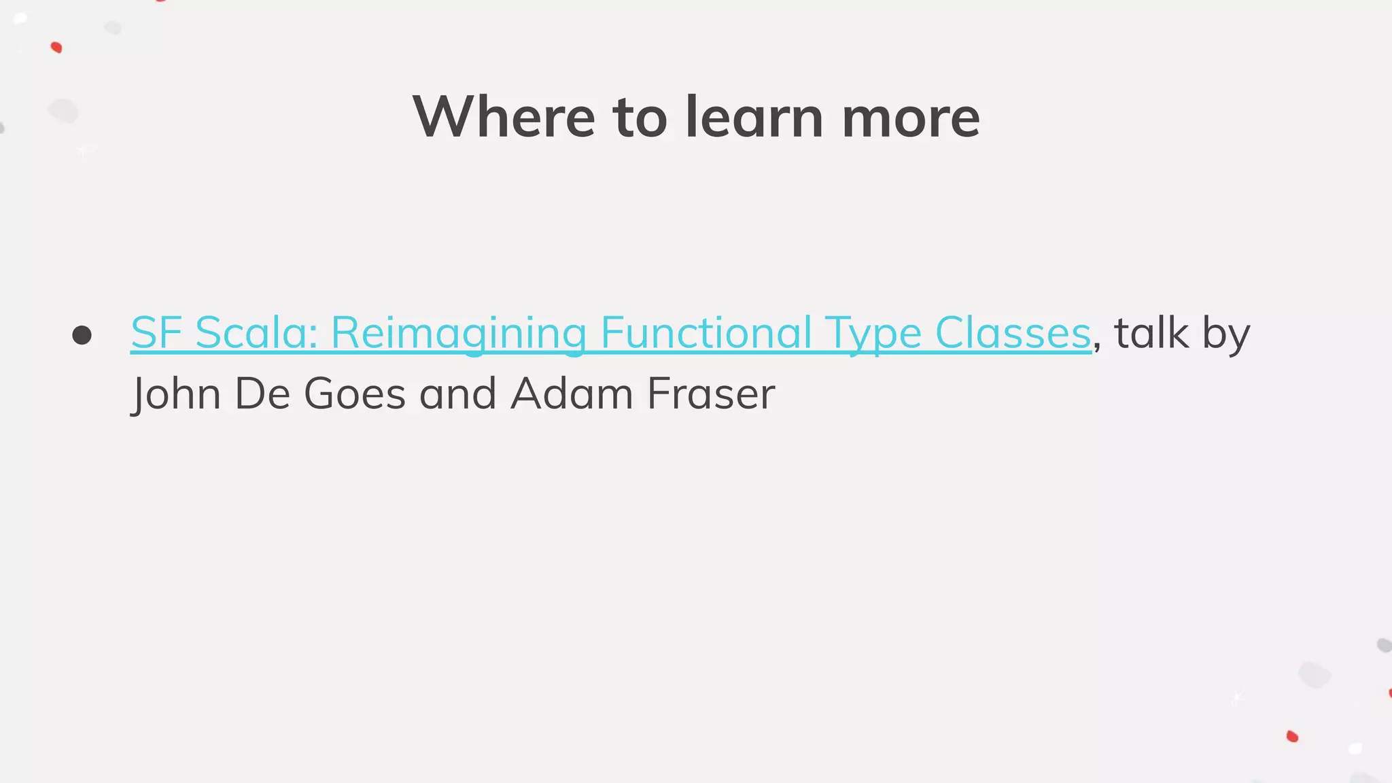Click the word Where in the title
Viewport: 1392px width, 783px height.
(x=504, y=117)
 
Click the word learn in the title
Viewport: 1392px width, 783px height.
(x=754, y=117)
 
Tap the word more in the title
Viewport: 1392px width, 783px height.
(x=911, y=117)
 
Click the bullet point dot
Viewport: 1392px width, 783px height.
(x=82, y=335)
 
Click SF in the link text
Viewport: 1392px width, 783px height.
(x=156, y=333)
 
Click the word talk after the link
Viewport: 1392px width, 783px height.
(x=1151, y=333)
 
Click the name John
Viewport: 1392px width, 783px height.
(x=177, y=394)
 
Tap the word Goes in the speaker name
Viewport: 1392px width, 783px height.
(x=354, y=394)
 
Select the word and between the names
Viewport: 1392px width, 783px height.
(x=457, y=394)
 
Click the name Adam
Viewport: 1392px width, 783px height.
(x=572, y=394)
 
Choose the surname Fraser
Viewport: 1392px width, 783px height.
(x=711, y=394)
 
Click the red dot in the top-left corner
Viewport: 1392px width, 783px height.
(x=56, y=48)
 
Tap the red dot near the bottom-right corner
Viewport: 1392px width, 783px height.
(x=1292, y=736)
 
